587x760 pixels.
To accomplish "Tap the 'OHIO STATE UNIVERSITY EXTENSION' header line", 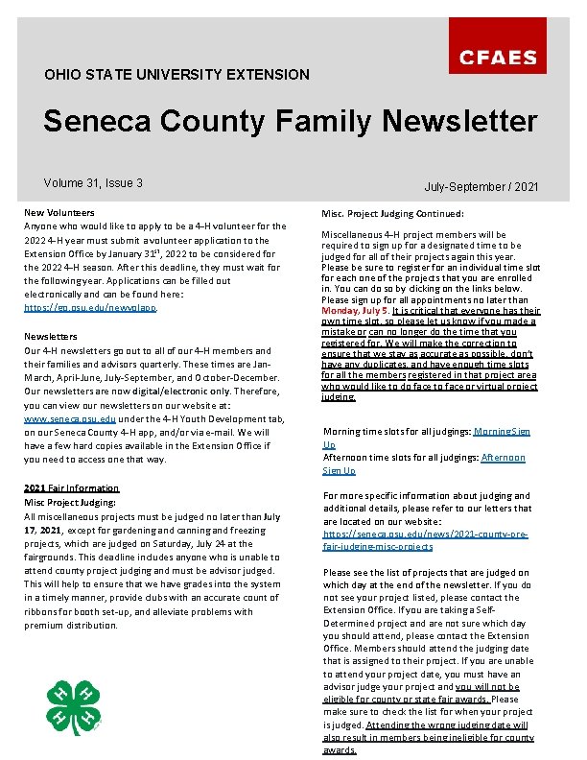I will pyautogui.click(x=177, y=74).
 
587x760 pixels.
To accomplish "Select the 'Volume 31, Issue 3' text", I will pyautogui.click(x=93, y=182).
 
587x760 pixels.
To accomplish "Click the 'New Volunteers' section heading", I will pyautogui.click(x=59, y=212).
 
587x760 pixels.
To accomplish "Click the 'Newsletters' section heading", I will pyautogui.click(x=51, y=337).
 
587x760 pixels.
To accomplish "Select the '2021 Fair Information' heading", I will pyautogui.click(x=71, y=488).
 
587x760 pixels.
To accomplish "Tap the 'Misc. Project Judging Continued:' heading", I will pyautogui.click(x=392, y=214).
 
